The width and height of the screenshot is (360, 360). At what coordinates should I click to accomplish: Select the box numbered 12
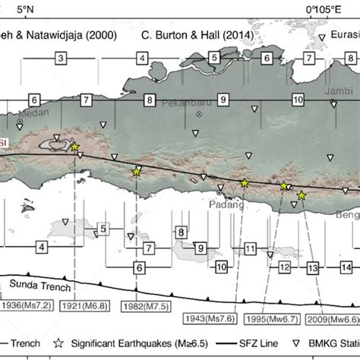coord(284,267)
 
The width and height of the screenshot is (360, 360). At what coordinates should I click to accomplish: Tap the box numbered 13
coord(312,268)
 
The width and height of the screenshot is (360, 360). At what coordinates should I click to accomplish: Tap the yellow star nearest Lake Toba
coord(74,147)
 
